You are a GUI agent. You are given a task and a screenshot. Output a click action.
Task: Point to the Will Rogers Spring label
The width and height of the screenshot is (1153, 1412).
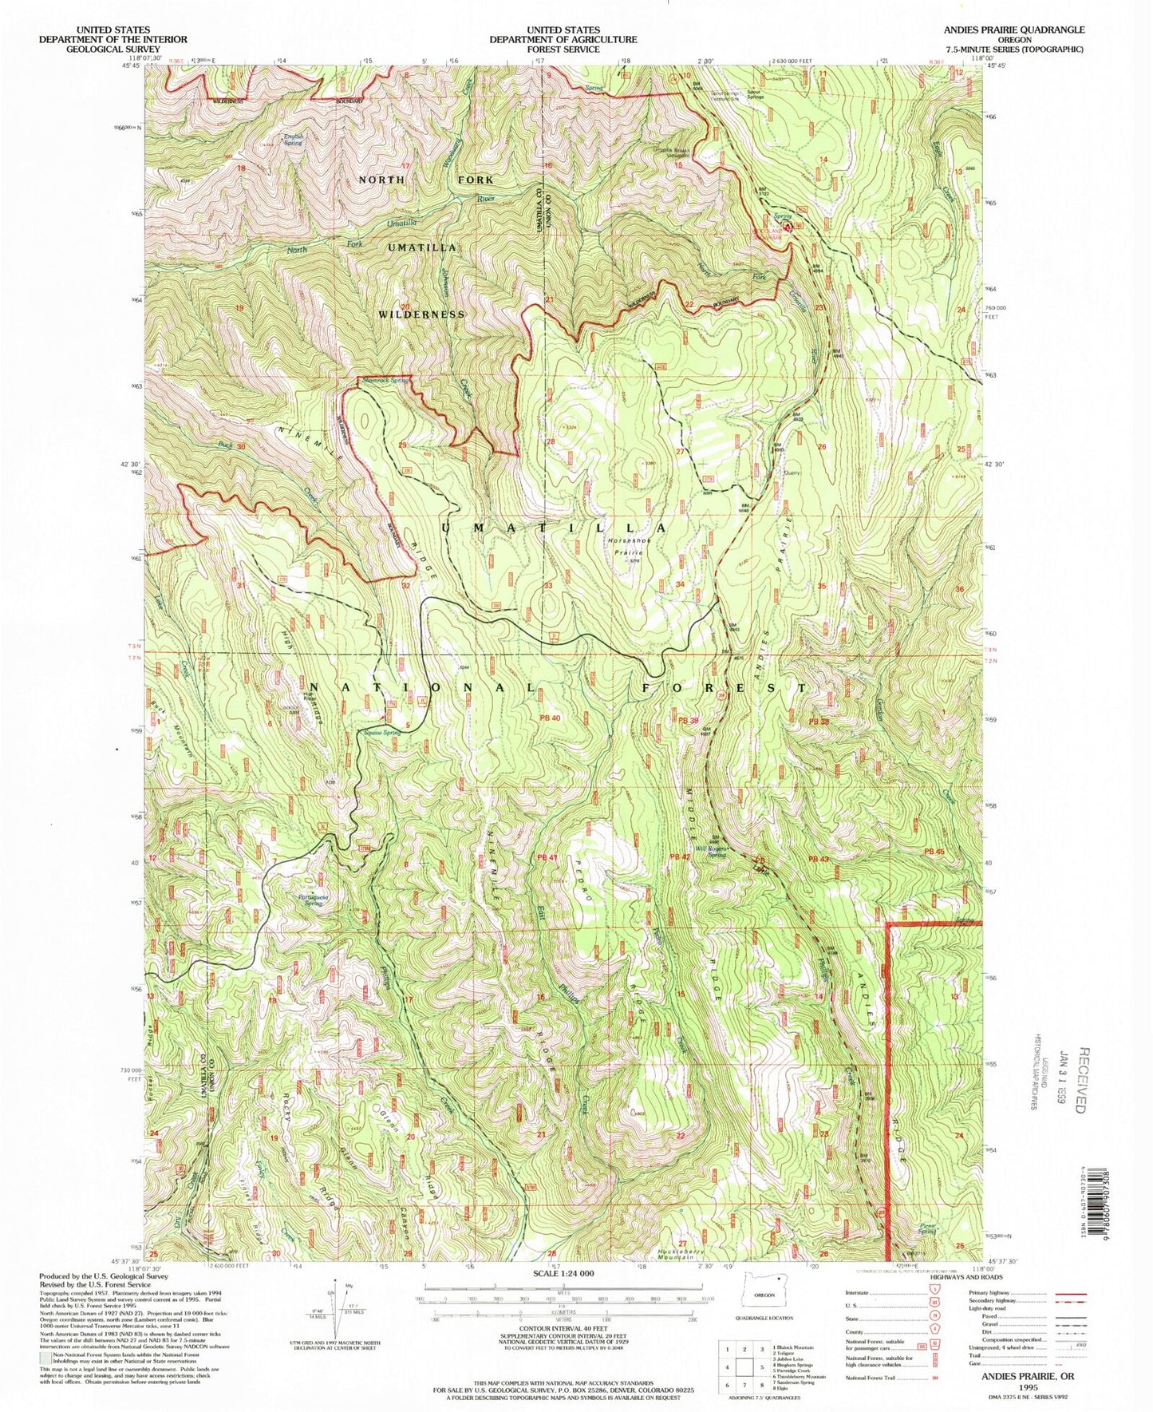pos(713,851)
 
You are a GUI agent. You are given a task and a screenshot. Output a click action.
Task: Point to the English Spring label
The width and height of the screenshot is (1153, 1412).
pos(294,140)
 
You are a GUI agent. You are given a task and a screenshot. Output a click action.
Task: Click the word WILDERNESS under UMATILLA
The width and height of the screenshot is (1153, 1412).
pos(421,314)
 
